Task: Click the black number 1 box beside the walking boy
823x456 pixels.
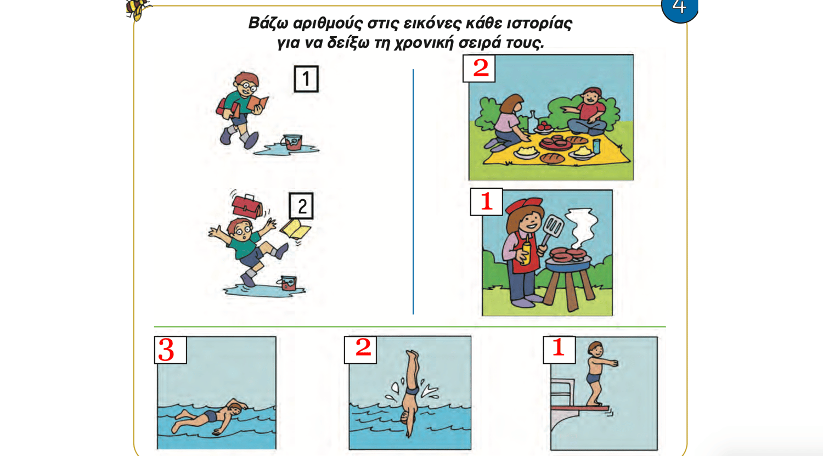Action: (306, 78)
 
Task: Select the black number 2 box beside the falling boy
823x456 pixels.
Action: (301, 206)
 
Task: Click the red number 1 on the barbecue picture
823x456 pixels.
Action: (487, 201)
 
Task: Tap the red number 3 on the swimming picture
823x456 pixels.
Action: (166, 350)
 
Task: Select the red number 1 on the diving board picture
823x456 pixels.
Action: (559, 347)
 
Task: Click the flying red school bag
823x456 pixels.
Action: (246, 206)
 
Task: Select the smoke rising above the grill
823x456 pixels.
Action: (582, 228)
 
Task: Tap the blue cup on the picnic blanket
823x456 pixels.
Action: (596, 146)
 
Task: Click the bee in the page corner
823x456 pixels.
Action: (138, 9)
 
